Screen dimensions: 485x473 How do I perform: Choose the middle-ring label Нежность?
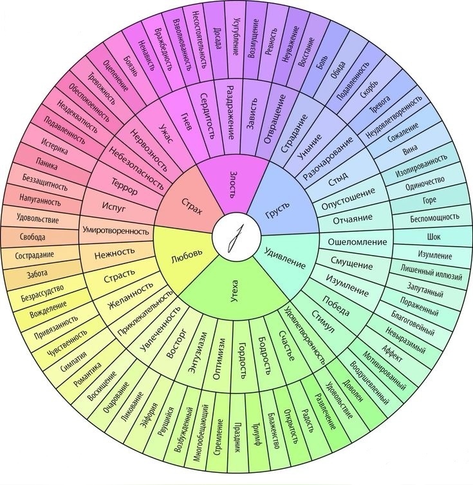click(x=115, y=252)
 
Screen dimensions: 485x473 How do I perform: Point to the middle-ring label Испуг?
click(x=118, y=207)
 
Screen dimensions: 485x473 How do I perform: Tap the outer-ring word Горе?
click(x=429, y=200)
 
